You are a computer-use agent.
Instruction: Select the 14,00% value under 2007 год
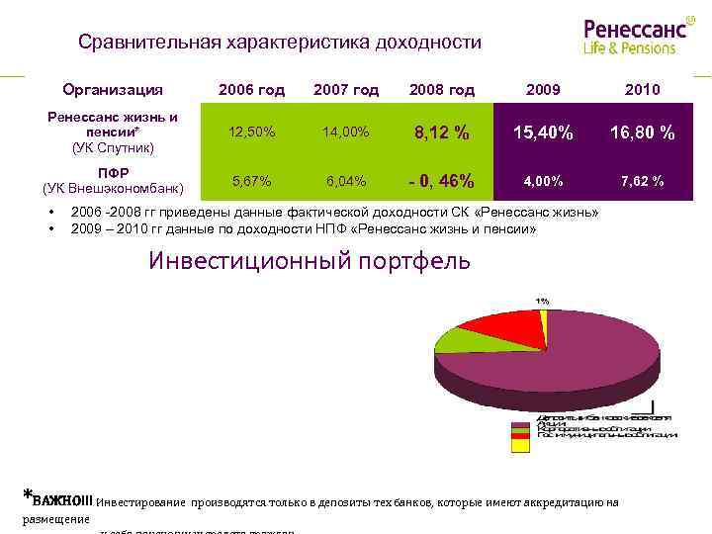346,132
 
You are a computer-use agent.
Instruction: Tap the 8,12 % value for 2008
441,133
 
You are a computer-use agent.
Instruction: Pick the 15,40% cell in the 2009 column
543,133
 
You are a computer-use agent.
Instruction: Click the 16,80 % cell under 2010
643,133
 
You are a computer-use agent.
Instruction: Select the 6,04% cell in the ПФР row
346,181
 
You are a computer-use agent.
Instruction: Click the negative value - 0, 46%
441,182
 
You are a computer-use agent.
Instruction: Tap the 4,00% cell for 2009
543,181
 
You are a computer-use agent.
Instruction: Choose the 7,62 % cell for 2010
643,181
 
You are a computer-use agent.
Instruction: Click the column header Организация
113,90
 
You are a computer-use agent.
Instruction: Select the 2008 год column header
441,90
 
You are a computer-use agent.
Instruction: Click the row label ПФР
113,172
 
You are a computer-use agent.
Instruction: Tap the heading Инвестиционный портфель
310,261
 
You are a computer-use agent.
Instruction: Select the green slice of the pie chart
457,339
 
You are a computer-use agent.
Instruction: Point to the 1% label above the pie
543,301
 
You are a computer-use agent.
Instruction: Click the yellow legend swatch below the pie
514,444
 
